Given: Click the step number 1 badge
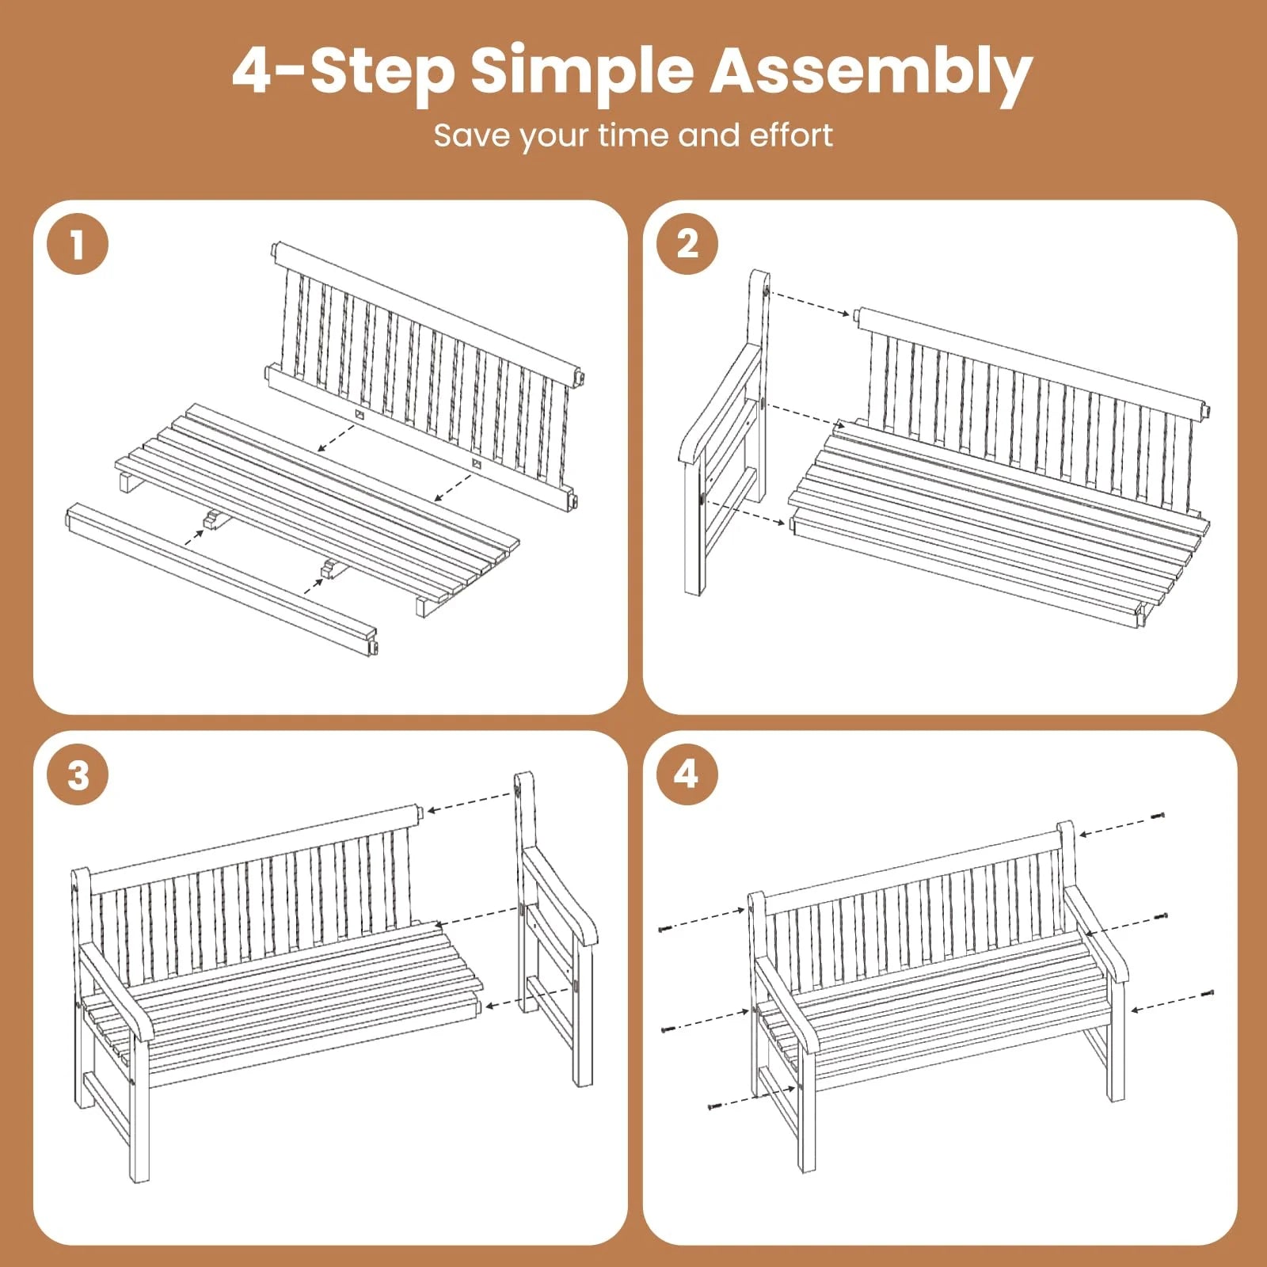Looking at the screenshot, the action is [x=78, y=244].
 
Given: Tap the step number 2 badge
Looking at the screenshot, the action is [x=687, y=244].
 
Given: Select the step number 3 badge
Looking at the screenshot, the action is [x=78, y=774].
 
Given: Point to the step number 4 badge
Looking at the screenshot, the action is [x=687, y=774].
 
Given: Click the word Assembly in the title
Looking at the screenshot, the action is [x=871, y=73].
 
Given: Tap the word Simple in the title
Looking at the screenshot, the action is [x=582, y=73].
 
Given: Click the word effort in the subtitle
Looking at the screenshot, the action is [x=791, y=135].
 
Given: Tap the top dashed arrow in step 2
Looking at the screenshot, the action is [x=809, y=303].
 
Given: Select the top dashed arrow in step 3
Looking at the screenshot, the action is [x=470, y=801].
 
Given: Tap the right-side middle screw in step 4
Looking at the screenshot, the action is [x=1162, y=916].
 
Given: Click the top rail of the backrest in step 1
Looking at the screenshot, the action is [x=428, y=312].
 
